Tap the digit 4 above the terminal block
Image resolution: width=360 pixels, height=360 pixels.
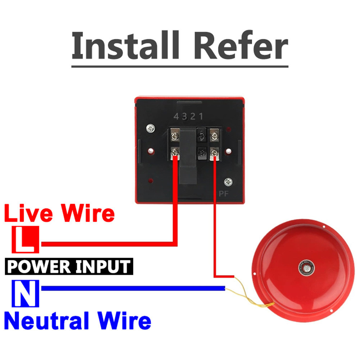point(176,117)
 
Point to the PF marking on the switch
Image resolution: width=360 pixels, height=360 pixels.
point(224,194)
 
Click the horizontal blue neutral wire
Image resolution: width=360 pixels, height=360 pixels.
point(133,288)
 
